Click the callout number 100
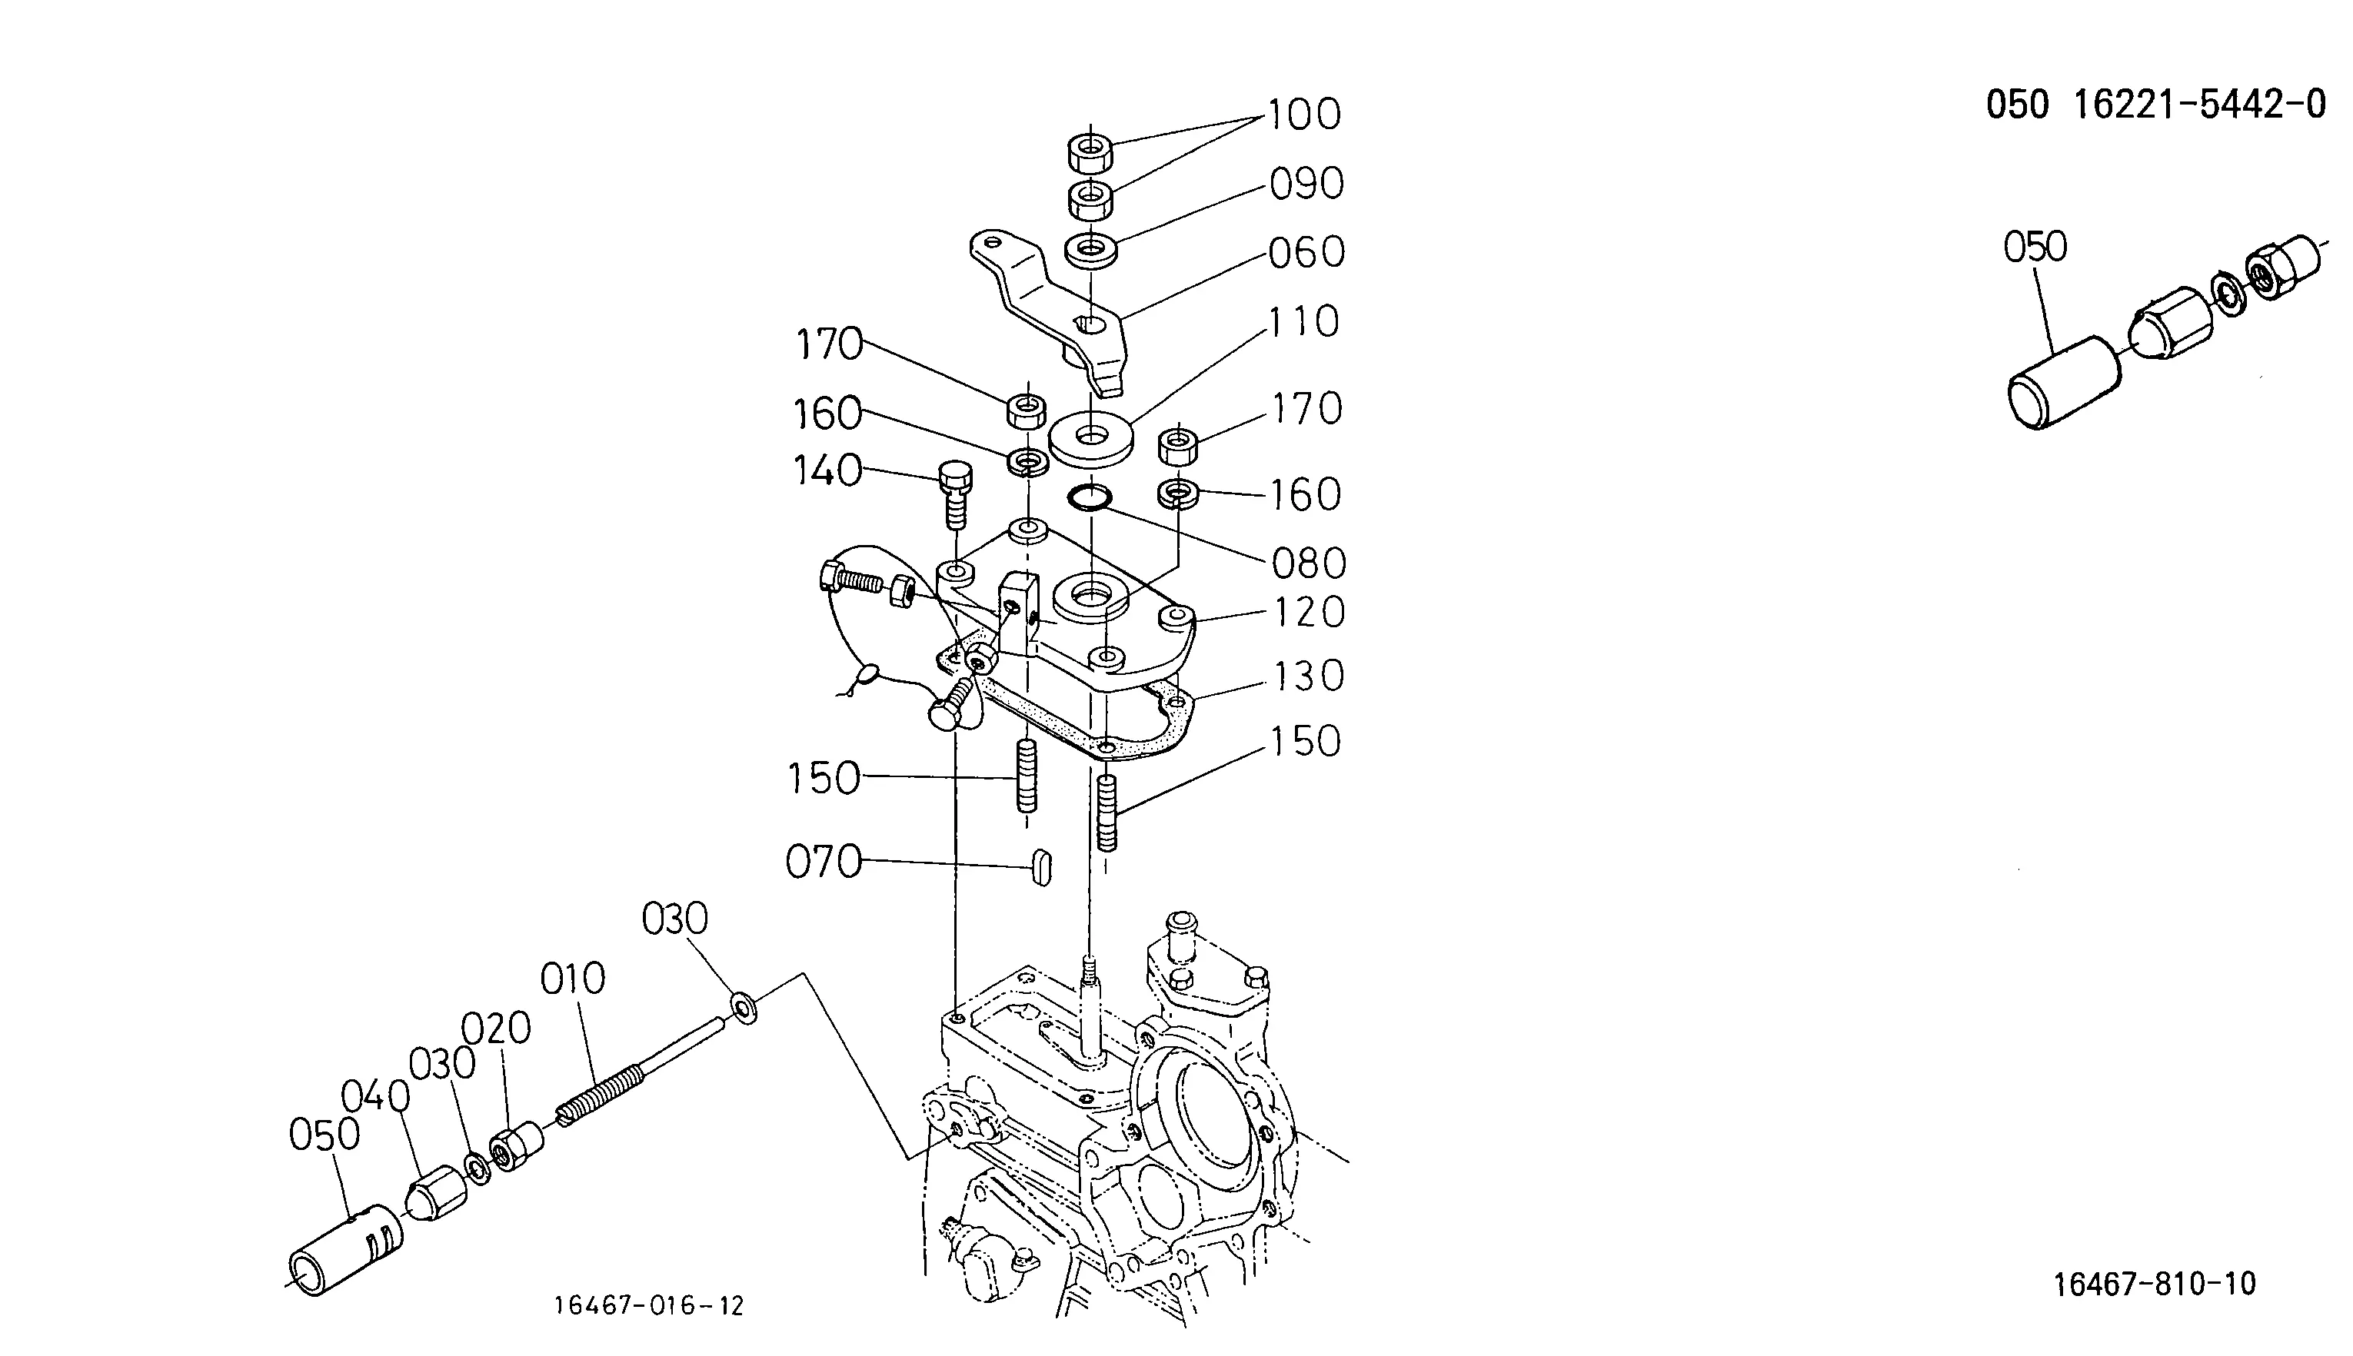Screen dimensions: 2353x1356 point(1303,115)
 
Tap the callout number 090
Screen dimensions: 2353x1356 point(1306,184)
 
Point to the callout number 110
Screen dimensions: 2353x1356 point(1304,322)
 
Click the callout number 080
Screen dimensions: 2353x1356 point(1309,563)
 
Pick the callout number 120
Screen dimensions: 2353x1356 point(1309,612)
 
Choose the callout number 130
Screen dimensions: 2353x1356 point(1309,676)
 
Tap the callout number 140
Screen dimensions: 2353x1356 point(827,470)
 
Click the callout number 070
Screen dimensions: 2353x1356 point(824,862)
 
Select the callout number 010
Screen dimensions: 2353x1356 point(573,979)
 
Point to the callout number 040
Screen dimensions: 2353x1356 point(375,1096)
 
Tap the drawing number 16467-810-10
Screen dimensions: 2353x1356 point(2155,1285)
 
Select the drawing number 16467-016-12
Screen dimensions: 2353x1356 point(649,1306)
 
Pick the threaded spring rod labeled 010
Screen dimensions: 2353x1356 point(642,1069)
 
